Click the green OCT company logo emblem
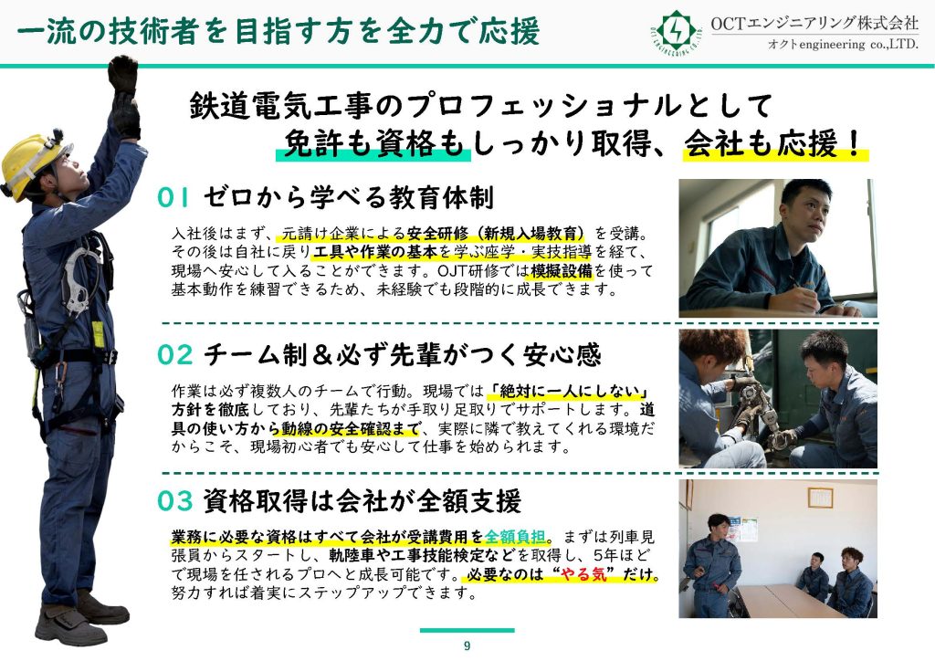675,31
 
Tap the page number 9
467,646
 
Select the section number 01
173,197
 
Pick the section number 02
175,355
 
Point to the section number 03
175,501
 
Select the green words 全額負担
516,537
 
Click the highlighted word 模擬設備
562,270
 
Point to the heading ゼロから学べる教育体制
348,197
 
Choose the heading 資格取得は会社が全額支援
362,501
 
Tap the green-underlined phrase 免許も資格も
373,143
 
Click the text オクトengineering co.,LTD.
843,45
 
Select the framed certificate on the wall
820,498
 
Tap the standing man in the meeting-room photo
712,565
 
